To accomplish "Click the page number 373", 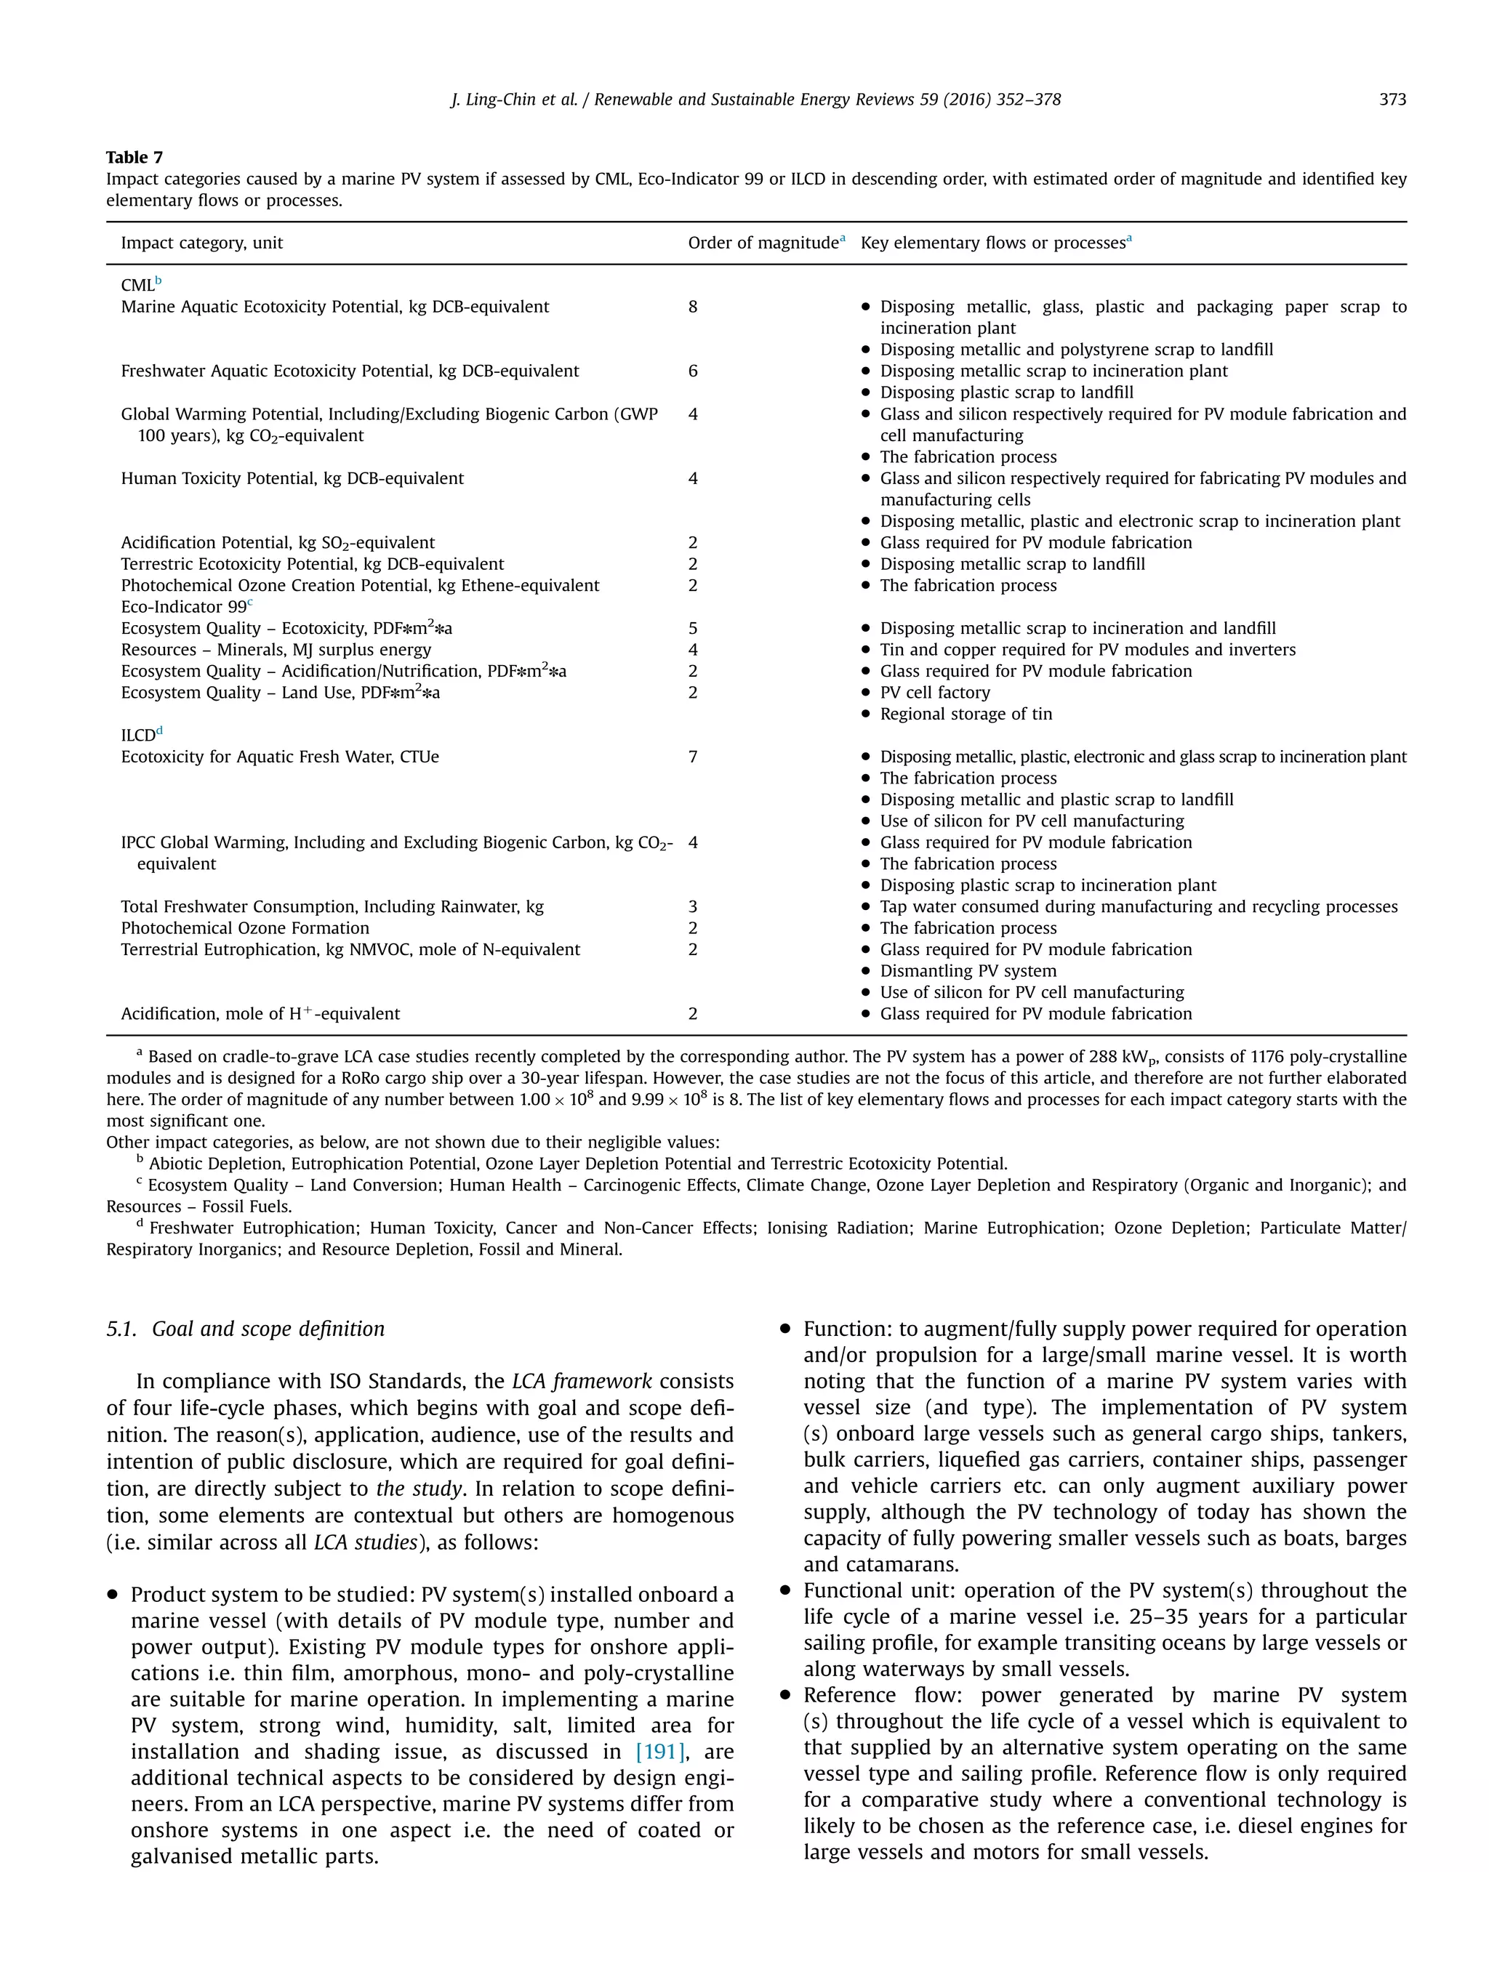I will click(x=1392, y=100).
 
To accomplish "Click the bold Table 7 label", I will click(x=135, y=157).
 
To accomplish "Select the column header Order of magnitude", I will click(x=762, y=243).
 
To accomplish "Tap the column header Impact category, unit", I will click(x=202, y=243).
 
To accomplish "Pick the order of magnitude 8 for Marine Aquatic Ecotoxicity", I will click(x=693, y=307).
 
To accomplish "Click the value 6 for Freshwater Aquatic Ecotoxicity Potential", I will click(x=693, y=371).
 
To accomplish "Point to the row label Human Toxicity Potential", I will click(x=292, y=478).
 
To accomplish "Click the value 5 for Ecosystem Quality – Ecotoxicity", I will click(x=693, y=628).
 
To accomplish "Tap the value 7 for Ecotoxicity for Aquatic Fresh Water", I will click(x=693, y=757).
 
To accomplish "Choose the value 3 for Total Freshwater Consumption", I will click(x=693, y=906).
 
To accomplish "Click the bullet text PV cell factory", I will click(x=934, y=693).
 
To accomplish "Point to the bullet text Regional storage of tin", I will click(x=966, y=714).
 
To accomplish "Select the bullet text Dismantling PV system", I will click(x=968, y=971).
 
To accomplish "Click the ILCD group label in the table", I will click(x=139, y=736).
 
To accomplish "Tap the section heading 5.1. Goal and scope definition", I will click(x=245, y=1329).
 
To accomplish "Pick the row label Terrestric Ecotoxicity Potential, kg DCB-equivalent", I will click(x=313, y=565).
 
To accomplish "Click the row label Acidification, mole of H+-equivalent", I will click(x=260, y=1014).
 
